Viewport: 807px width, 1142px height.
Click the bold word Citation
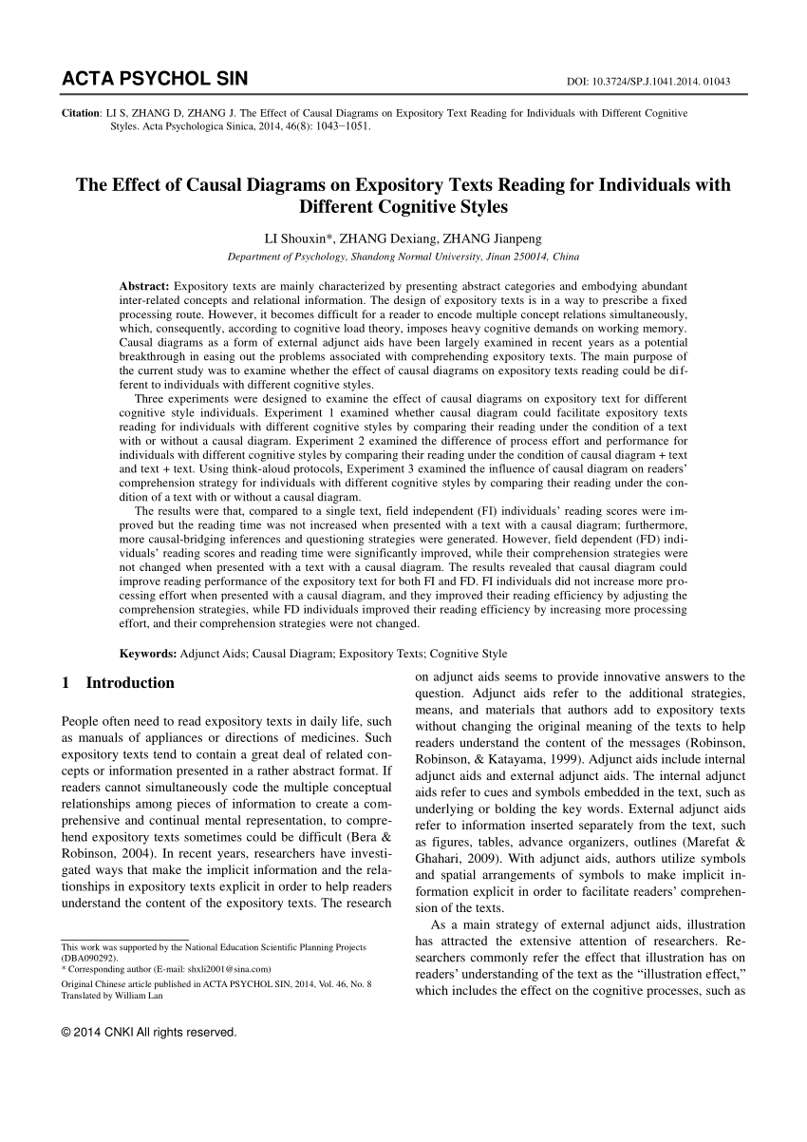pyautogui.click(x=81, y=113)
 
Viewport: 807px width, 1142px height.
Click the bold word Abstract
pyautogui.click(x=144, y=286)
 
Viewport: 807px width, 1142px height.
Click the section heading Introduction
pyautogui.click(x=130, y=682)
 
